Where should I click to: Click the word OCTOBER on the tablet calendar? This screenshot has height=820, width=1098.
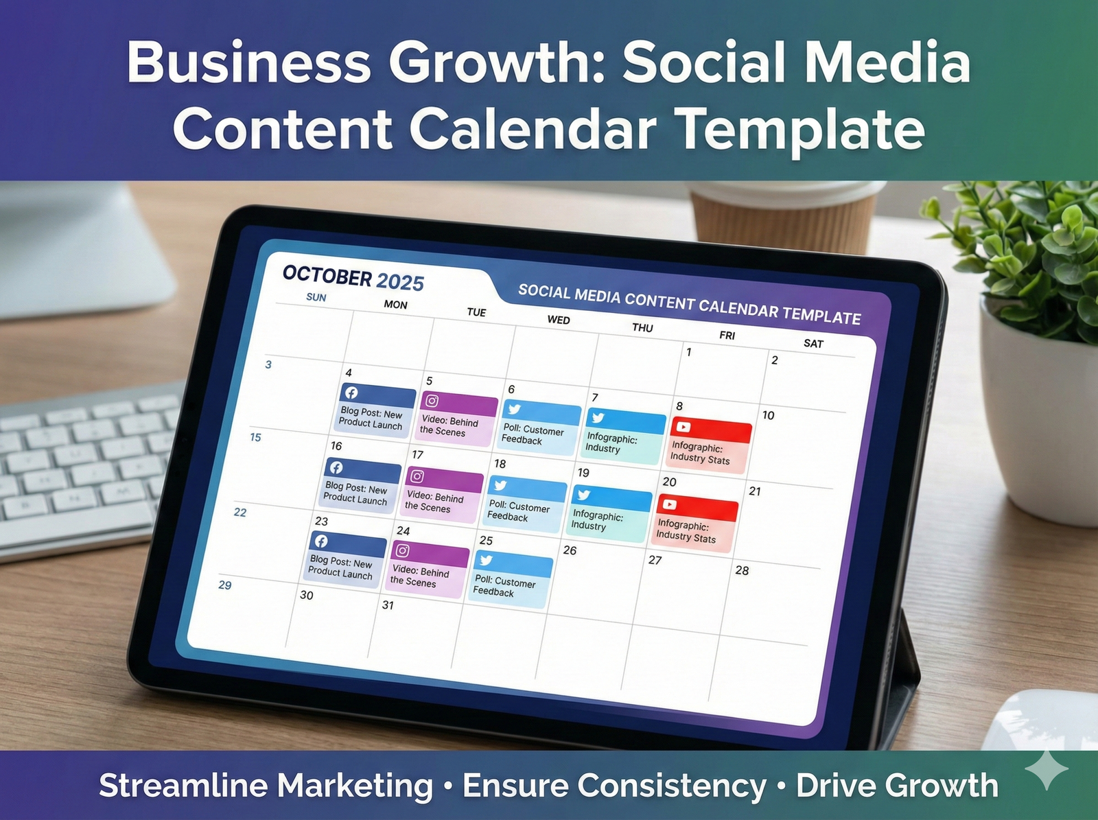(x=327, y=275)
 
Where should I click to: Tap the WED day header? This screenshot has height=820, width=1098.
(x=559, y=320)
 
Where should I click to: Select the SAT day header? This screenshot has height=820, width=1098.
(x=813, y=343)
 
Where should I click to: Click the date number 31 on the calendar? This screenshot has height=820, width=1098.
(x=388, y=605)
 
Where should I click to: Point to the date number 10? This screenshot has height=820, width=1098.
(x=768, y=415)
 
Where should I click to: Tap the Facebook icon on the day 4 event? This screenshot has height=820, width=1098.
(x=351, y=393)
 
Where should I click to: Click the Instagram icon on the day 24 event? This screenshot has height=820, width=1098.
(x=403, y=550)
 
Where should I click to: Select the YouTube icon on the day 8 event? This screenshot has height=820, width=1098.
(x=684, y=427)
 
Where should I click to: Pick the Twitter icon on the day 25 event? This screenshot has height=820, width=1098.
(x=486, y=560)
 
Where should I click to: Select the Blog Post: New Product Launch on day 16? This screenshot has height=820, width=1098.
(x=360, y=487)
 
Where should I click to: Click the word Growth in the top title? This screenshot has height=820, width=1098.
(x=497, y=63)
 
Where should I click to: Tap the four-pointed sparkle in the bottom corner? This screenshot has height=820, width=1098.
(x=1047, y=769)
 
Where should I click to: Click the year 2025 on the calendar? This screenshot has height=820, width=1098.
(x=400, y=281)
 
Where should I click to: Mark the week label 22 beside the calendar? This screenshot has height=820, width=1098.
(x=240, y=512)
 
